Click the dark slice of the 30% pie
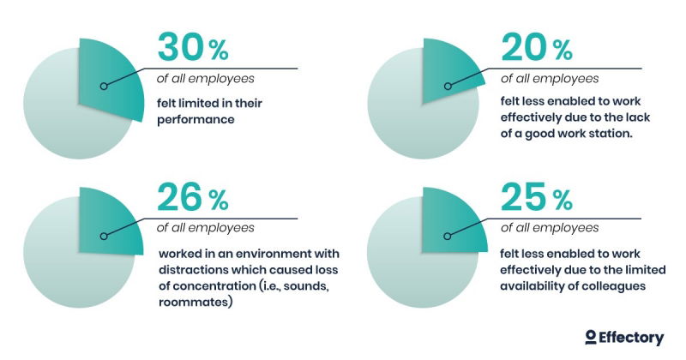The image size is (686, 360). pos(111,77)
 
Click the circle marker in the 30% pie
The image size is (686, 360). pos(103,86)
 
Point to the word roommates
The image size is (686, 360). pos(193,303)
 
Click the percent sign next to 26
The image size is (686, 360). pos(218,202)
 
